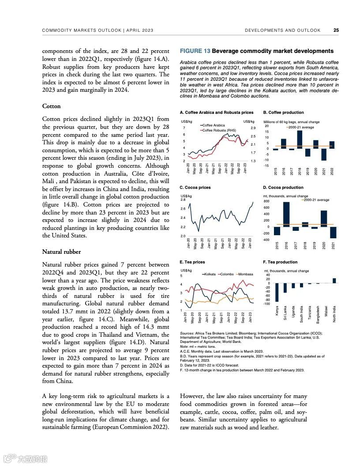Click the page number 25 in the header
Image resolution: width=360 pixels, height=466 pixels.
tap(336, 30)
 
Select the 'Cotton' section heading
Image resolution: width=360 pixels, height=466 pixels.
tap(51, 106)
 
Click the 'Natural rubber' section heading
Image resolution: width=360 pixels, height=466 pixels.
tap(61, 252)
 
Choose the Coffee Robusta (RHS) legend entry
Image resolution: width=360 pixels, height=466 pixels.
tap(219, 131)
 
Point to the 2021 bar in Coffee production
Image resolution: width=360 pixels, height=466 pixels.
tap(324, 154)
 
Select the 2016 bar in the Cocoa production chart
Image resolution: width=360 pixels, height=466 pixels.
tap(286, 214)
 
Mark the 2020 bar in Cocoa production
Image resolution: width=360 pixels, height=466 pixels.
tap(323, 219)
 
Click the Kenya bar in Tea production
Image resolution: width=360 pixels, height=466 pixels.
tap(277, 293)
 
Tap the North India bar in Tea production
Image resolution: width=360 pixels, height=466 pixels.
tap(334, 281)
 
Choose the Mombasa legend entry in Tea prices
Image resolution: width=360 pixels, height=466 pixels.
tap(245, 274)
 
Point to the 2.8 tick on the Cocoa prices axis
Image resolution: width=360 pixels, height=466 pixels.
tap(183, 200)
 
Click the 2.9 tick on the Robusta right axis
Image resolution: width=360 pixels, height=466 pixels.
tap(252, 128)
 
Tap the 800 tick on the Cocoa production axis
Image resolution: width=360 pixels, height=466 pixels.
tap(267, 202)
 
